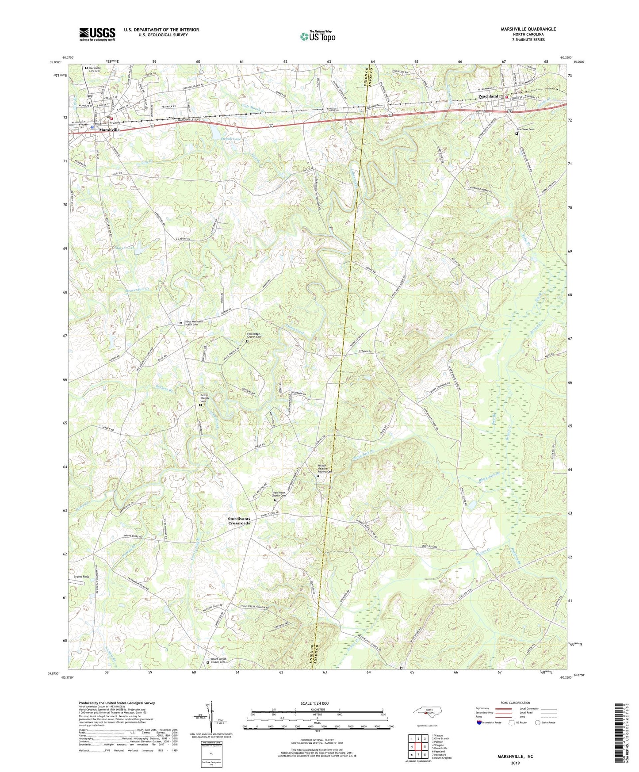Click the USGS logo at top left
(97, 34)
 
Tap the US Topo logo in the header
(318, 37)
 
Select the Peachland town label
(489, 96)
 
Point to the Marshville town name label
(109, 130)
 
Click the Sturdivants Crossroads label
(239, 521)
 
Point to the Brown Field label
(81, 577)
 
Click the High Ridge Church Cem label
(279, 494)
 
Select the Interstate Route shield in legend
(480, 722)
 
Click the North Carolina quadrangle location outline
(427, 711)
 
